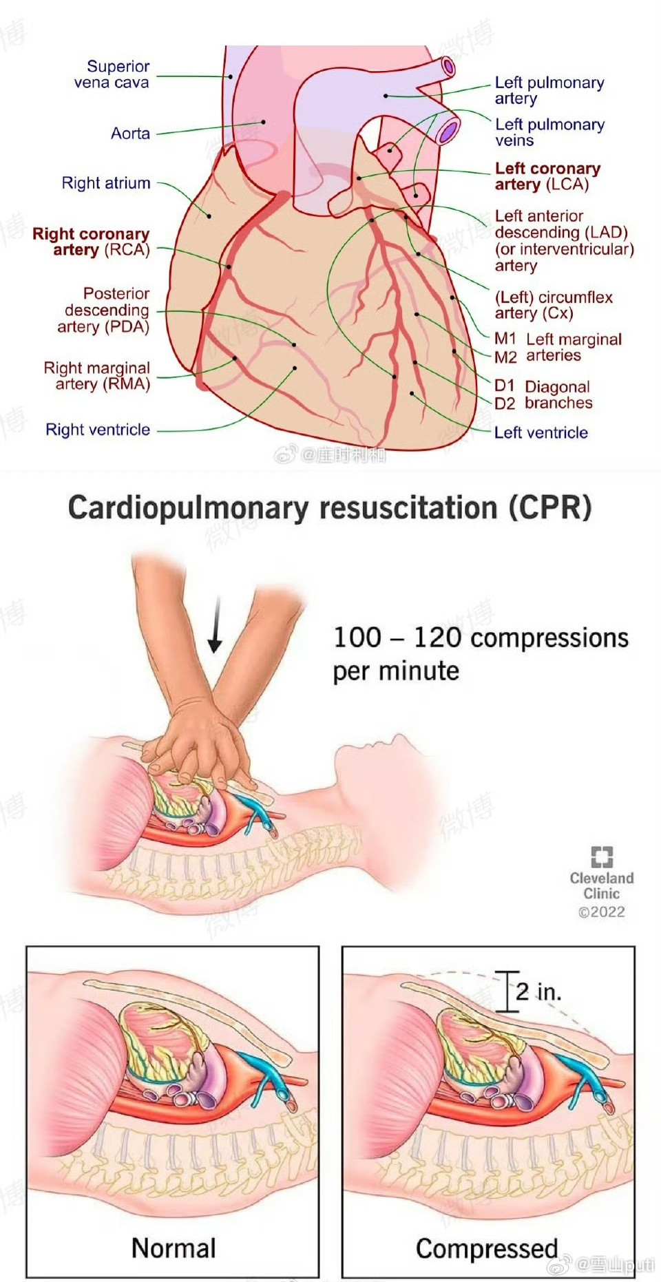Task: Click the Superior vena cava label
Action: [x=112, y=74]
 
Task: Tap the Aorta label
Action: [x=130, y=133]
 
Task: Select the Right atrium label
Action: [x=105, y=183]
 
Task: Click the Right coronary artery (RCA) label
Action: [x=92, y=242]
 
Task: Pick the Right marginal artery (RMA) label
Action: [x=96, y=376]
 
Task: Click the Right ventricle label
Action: [x=98, y=430]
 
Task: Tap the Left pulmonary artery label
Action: [x=549, y=90]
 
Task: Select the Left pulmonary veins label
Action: [x=549, y=132]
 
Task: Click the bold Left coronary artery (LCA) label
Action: [x=547, y=176]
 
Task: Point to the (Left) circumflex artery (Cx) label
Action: [x=553, y=305]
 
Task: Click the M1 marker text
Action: [x=505, y=339]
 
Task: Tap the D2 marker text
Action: [x=505, y=403]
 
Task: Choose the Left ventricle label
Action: [x=541, y=432]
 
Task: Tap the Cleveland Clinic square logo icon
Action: [x=602, y=857]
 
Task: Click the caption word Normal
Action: [x=174, y=1248]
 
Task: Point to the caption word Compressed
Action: [x=487, y=1248]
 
